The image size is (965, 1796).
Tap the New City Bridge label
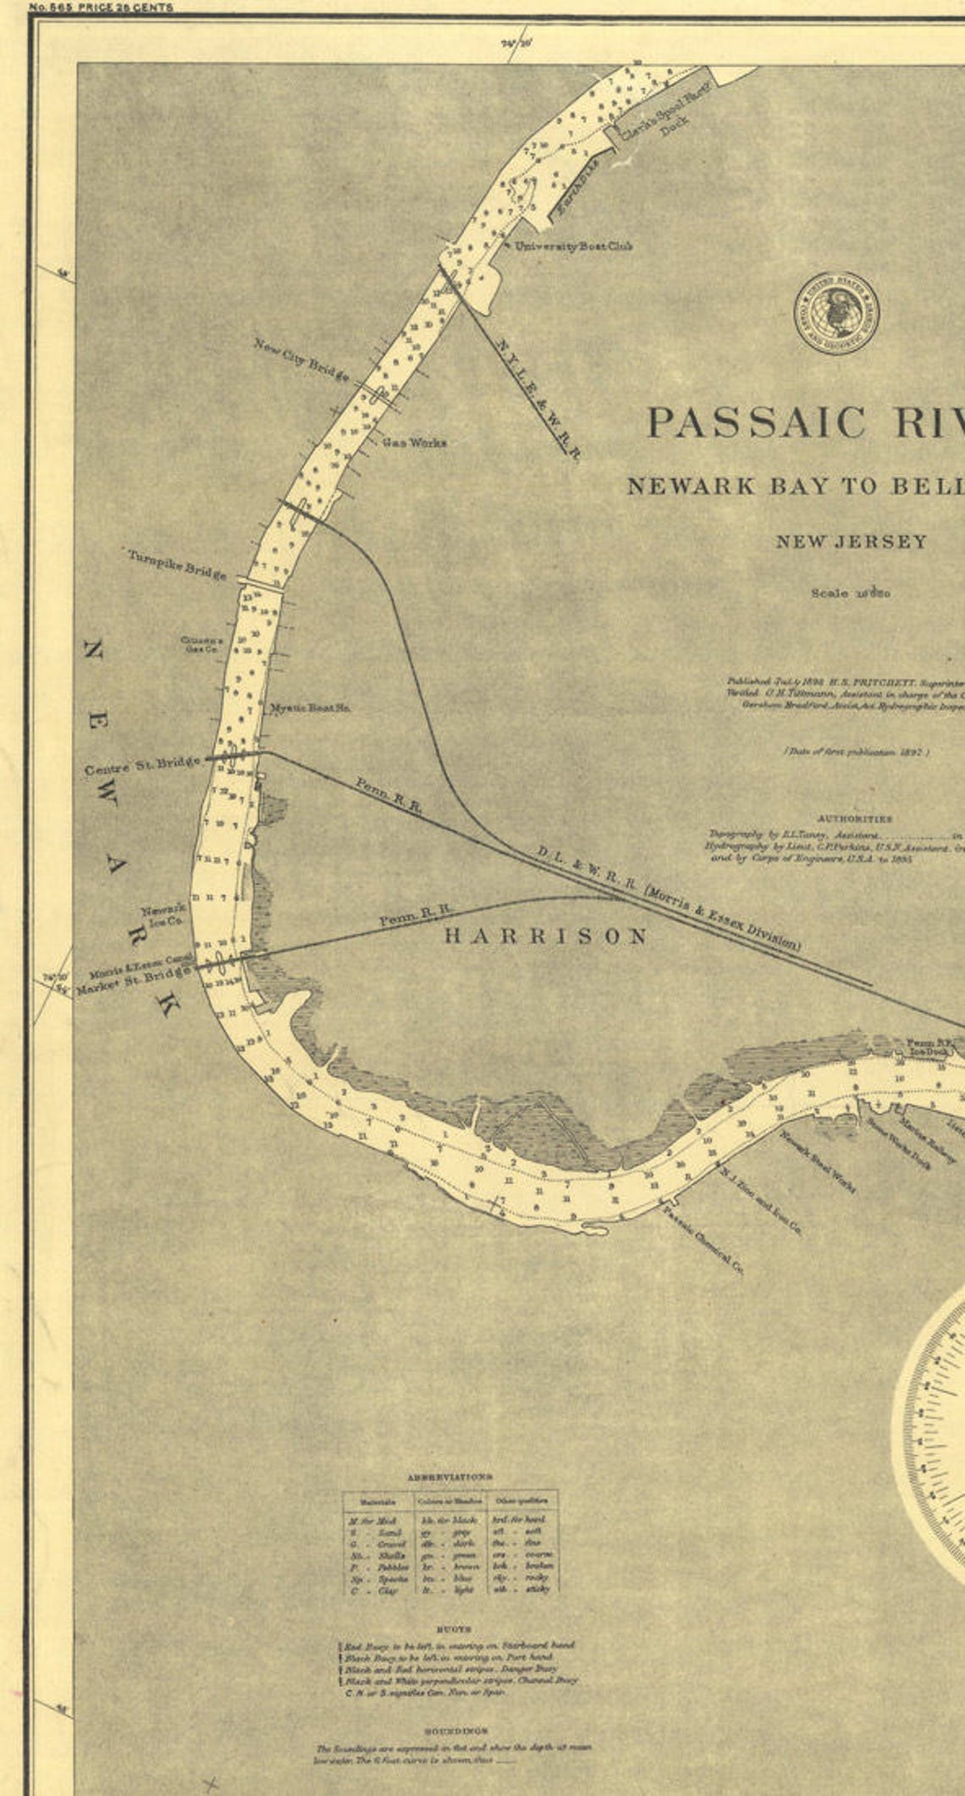[x=301, y=360]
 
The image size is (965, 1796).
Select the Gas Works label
[x=414, y=443]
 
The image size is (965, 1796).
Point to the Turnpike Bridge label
[x=177, y=565]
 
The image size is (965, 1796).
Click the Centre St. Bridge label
[x=142, y=767]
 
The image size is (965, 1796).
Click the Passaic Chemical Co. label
[x=703, y=1241]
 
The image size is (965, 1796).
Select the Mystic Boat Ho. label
[x=310, y=708]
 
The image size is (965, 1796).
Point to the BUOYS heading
[x=449, y=1628]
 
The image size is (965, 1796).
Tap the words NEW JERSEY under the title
[x=852, y=542]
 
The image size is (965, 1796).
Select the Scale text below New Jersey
[x=851, y=593]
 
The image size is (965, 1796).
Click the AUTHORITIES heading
[x=855, y=818]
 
